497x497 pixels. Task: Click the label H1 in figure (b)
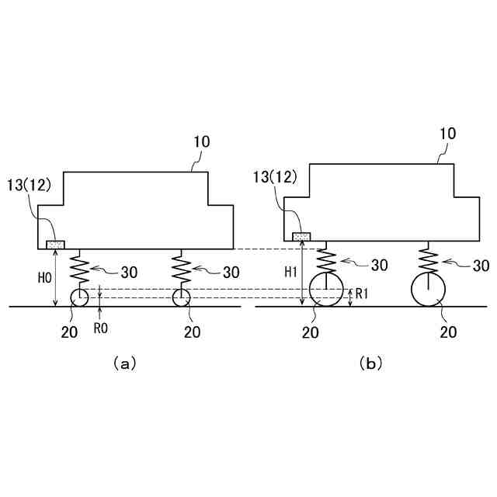288,273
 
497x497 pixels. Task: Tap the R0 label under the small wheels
100,328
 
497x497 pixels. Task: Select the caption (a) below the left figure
124,363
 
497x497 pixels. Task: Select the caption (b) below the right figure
371,363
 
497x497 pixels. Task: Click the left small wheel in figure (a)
79,297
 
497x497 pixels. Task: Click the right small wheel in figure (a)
182,297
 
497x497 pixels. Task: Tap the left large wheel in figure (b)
325,290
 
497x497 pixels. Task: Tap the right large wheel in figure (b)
428,290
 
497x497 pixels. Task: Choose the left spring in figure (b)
325,260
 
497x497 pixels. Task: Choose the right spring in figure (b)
428,260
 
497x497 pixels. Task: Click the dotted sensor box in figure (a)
56,245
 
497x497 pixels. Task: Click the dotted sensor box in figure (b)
301,236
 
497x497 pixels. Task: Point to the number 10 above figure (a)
201,142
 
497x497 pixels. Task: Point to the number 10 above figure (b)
447,134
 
